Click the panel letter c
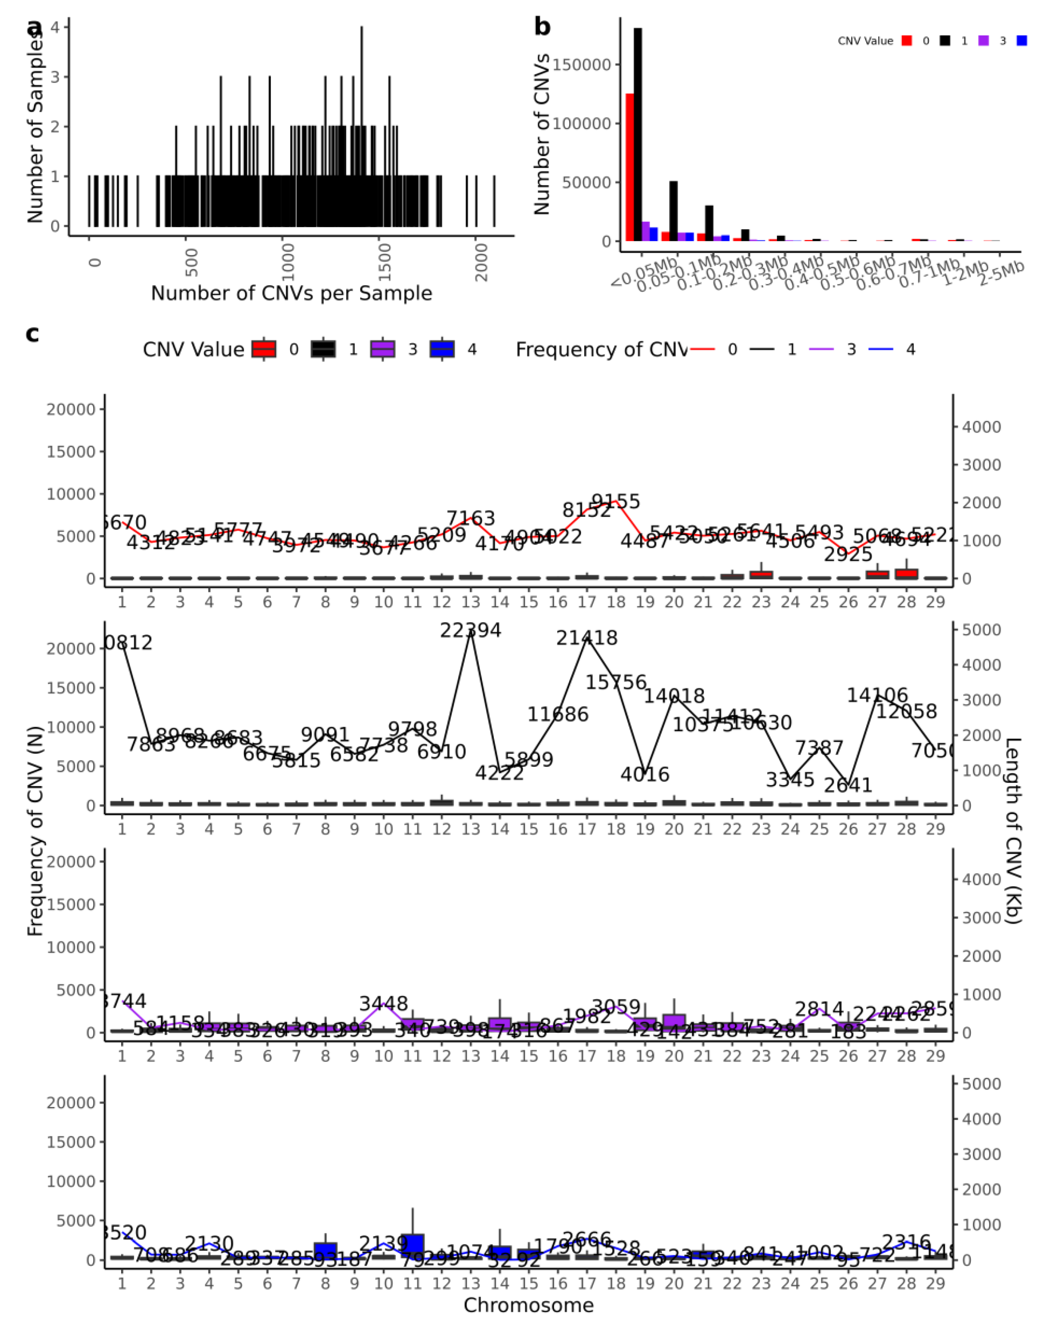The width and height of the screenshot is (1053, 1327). coord(32,334)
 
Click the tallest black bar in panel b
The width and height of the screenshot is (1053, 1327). coord(637,135)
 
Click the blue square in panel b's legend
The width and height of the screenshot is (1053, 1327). coord(1022,41)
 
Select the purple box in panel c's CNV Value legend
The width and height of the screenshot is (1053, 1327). coord(382,349)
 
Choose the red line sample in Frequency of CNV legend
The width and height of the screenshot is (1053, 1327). coord(702,349)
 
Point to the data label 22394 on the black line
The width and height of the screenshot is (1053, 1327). coord(470,630)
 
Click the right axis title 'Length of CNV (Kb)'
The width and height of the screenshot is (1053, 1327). coord(1012,831)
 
